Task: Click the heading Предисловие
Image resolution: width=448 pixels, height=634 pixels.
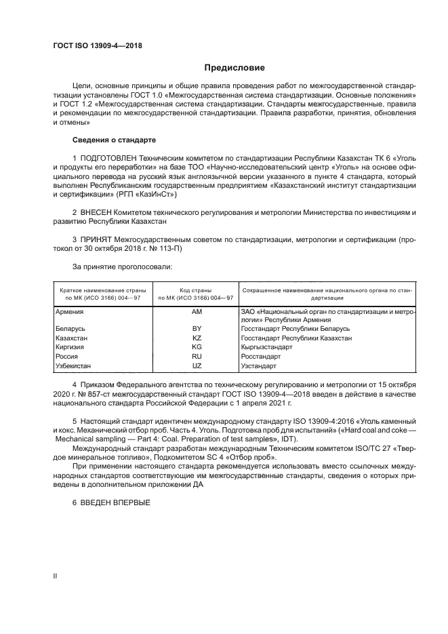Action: [x=235, y=68]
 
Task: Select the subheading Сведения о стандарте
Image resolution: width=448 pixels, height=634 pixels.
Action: [x=114, y=140]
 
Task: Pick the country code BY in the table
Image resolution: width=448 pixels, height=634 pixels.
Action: [x=197, y=329]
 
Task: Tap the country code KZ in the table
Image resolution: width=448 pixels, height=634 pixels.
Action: [x=197, y=338]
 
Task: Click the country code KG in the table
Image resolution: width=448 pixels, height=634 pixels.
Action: [x=197, y=347]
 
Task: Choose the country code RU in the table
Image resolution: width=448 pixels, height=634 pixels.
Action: [x=197, y=356]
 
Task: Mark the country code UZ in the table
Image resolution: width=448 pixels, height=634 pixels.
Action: [x=197, y=365]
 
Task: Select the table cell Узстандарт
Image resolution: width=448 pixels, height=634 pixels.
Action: [x=259, y=365]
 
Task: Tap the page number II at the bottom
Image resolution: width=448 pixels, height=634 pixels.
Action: [x=56, y=575]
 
